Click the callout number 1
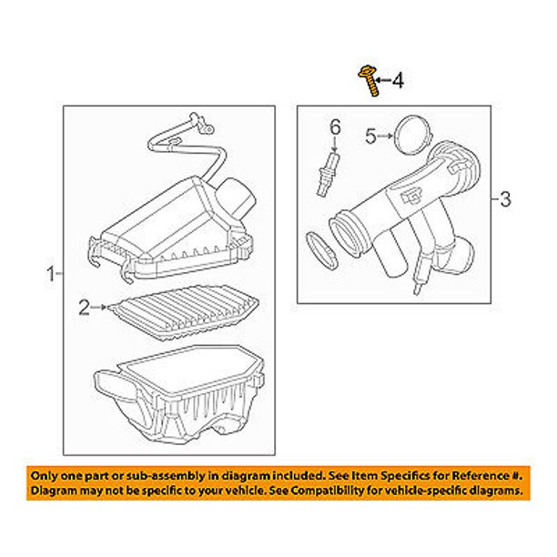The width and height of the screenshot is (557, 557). (x=51, y=274)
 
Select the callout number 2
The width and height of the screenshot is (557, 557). (x=84, y=308)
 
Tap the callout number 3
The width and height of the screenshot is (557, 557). (x=505, y=199)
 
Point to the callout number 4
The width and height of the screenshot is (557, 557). (x=398, y=80)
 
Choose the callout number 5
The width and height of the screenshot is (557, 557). (x=370, y=136)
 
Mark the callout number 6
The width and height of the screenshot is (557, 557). (x=335, y=127)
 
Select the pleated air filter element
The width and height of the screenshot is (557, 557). (x=183, y=312)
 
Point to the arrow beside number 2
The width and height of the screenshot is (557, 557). (x=98, y=308)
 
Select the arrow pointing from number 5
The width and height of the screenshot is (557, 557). (x=385, y=136)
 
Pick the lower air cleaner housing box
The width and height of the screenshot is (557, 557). (x=178, y=394)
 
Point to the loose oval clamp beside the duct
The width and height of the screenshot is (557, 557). (x=321, y=251)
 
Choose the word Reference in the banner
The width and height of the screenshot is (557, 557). (x=480, y=475)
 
